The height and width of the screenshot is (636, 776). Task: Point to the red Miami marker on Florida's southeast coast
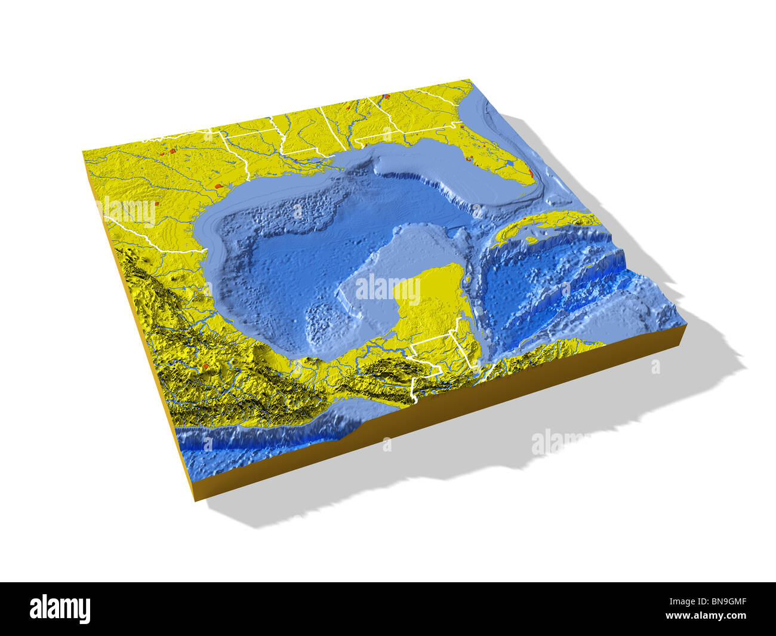529,174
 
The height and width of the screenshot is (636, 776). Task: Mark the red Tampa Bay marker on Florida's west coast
470,159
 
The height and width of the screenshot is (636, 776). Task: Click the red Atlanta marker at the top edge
386,96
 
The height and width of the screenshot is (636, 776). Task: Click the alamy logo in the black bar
60,609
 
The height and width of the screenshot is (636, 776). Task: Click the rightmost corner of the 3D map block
683,325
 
